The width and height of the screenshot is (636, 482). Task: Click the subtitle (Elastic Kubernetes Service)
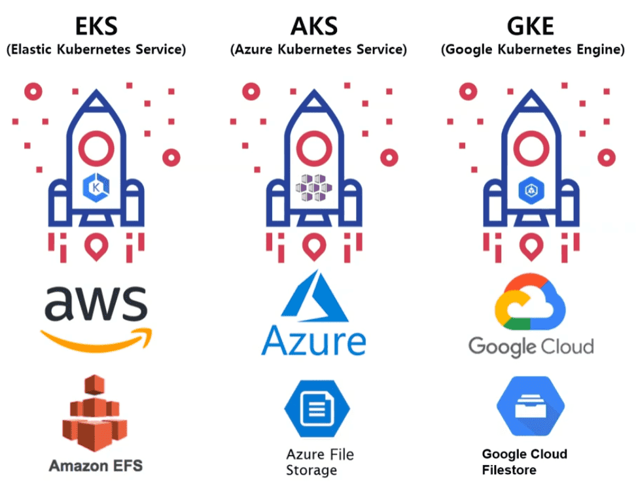pyautogui.click(x=96, y=50)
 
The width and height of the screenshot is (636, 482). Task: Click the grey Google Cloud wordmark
pyautogui.click(x=531, y=345)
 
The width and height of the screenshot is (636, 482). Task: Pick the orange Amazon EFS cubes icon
pyautogui.click(x=94, y=415)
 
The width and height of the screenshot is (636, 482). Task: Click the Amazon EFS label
pyautogui.click(x=96, y=466)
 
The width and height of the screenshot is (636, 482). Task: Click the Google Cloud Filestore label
pyautogui.click(x=524, y=462)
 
